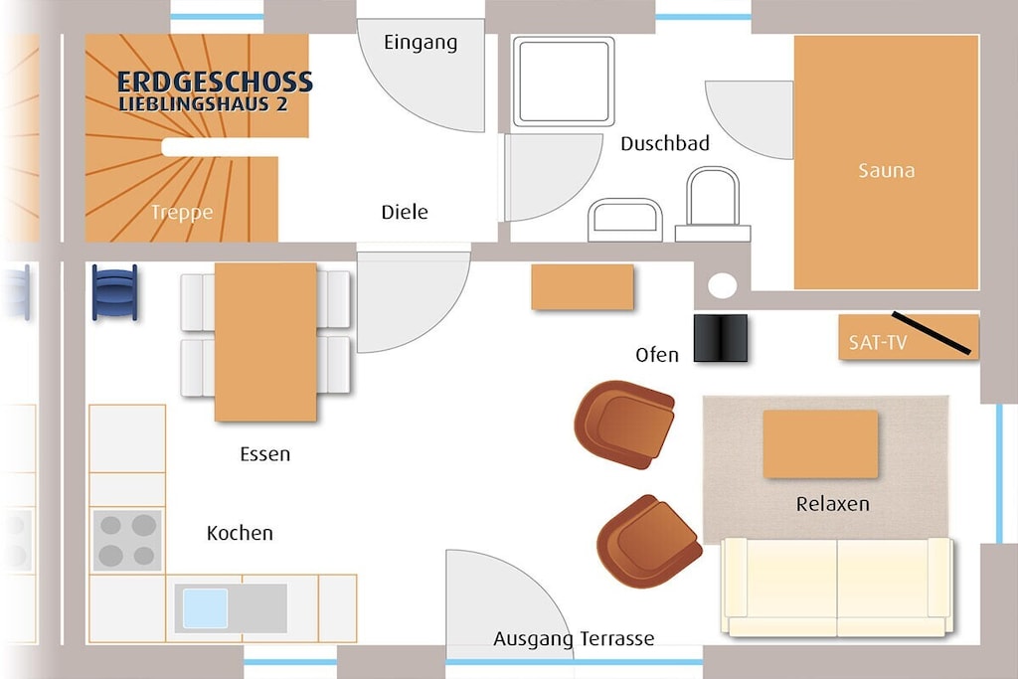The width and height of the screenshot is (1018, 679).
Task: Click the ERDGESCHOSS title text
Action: coord(215,82)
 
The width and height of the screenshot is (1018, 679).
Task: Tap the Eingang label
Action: coord(421,43)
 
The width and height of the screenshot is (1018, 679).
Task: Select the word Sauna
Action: coord(886,171)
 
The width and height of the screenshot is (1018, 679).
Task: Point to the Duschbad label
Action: coord(665,143)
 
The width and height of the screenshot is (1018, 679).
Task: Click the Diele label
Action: coord(405,212)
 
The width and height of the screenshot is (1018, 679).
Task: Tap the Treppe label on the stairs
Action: coord(182,213)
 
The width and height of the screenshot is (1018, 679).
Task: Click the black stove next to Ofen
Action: coord(721,338)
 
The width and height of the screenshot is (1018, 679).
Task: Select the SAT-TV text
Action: coord(877,342)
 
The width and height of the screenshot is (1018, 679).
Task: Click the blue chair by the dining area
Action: coord(114,292)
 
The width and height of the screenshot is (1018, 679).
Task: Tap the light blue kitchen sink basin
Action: coord(205,608)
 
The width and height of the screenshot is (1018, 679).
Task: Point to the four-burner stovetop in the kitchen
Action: coord(127,540)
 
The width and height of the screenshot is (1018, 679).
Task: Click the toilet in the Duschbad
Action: coord(713,204)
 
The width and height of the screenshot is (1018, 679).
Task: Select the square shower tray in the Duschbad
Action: coord(564,82)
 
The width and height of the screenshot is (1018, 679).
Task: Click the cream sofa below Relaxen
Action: coord(837,587)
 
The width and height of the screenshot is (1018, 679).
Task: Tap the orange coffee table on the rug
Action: coord(820,444)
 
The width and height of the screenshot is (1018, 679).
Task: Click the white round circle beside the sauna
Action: coord(722,285)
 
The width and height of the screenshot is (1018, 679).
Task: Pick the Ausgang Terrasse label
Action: coord(574,639)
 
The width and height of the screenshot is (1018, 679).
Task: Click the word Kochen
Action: coord(240,533)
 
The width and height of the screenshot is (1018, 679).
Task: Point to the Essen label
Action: coord(264,453)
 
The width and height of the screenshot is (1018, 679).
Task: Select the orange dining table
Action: coord(265,342)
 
